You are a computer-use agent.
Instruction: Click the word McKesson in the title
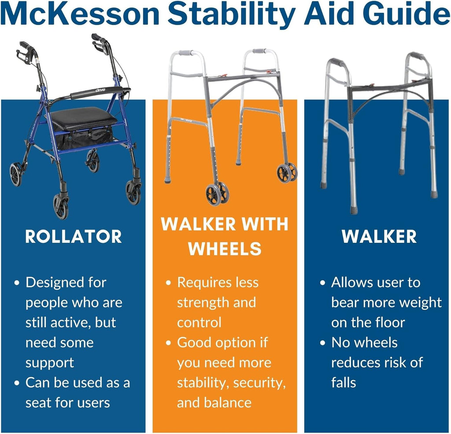point(81,14)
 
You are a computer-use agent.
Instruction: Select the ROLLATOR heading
point(74,237)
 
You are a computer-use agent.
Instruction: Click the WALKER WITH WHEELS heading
point(225,236)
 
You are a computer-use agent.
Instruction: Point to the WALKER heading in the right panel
point(379,237)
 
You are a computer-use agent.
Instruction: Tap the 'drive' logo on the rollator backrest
point(100,90)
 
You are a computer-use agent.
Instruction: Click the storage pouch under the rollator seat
point(84,139)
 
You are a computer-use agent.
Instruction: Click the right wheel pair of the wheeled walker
point(287,172)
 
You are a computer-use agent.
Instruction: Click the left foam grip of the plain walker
point(336,62)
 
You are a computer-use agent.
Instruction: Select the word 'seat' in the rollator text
point(38,403)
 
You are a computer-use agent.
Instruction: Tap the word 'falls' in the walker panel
point(344,383)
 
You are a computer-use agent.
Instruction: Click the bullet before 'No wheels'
point(323,343)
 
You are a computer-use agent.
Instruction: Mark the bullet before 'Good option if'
point(169,343)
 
